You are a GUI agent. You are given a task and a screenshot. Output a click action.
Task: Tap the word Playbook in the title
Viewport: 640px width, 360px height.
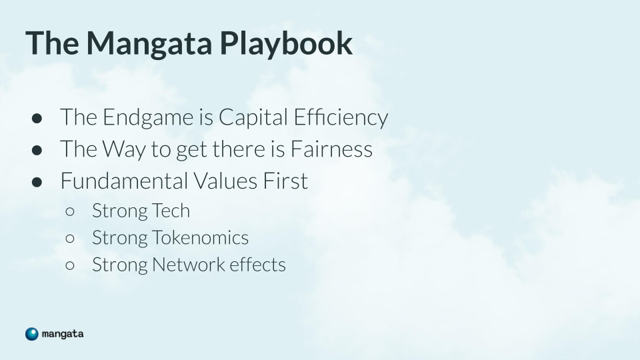pos(286,42)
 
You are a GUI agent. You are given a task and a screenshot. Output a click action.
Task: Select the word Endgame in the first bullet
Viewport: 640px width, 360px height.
pos(148,118)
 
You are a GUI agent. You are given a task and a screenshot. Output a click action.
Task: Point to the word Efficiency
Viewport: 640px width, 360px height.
pos(341,117)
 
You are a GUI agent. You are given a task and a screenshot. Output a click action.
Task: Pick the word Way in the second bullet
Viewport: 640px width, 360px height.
pos(123,149)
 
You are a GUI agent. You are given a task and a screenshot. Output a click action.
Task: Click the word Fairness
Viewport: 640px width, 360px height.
pos(331,149)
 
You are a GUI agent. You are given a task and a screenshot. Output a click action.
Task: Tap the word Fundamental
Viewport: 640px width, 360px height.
pos(124,181)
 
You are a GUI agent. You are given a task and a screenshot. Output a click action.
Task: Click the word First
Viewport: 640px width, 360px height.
pos(285,181)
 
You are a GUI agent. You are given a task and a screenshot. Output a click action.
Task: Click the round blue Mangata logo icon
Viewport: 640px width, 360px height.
pos(32,334)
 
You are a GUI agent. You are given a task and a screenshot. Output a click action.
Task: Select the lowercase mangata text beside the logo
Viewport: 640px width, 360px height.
pos(63,334)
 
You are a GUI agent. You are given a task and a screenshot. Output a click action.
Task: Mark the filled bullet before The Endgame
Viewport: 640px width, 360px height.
pos(37,119)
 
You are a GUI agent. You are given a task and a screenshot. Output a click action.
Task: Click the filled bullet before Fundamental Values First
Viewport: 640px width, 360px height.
pos(37,182)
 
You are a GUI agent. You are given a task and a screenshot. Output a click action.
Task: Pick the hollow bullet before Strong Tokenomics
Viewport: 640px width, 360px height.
pos(70,239)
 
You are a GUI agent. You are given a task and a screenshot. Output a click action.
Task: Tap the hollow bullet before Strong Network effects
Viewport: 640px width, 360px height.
pos(70,265)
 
